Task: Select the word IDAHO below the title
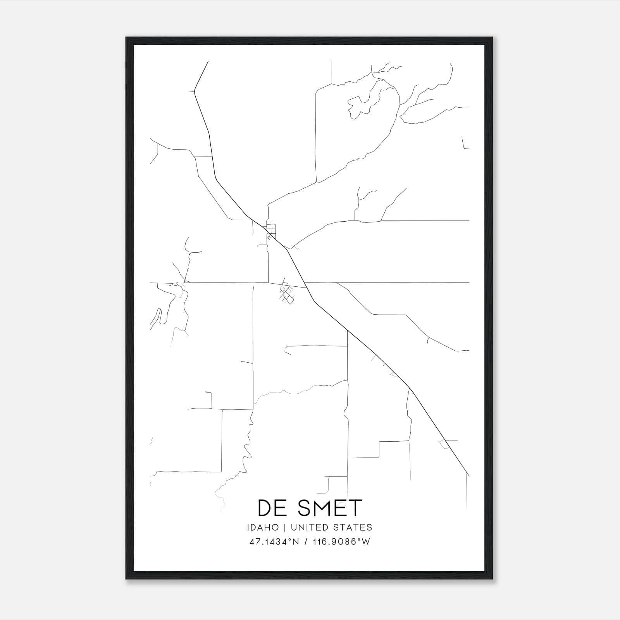(x=262, y=527)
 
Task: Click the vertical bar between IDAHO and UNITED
(x=284, y=527)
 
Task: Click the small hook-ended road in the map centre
(x=287, y=350)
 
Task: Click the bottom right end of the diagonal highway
(x=469, y=475)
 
